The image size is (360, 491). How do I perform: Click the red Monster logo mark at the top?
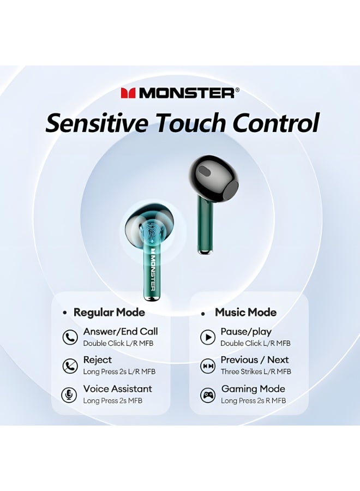click(x=128, y=93)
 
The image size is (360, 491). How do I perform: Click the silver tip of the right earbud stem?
click(x=205, y=252)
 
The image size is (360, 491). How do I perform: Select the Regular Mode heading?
click(x=109, y=313)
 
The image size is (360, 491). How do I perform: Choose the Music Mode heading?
click(x=245, y=313)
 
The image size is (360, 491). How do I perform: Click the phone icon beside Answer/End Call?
click(x=70, y=338)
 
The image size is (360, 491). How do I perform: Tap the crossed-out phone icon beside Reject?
click(x=70, y=366)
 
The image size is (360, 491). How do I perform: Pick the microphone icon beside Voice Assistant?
click(x=70, y=394)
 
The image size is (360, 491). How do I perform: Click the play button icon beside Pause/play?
click(x=208, y=338)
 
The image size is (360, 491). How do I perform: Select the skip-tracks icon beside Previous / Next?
click(x=208, y=366)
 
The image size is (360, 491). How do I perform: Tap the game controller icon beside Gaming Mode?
click(x=208, y=394)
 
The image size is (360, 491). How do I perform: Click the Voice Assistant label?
click(x=117, y=389)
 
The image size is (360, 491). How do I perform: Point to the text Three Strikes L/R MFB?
click(x=256, y=372)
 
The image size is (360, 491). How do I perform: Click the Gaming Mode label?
click(x=253, y=389)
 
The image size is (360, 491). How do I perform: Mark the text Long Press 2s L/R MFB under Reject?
click(x=119, y=372)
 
